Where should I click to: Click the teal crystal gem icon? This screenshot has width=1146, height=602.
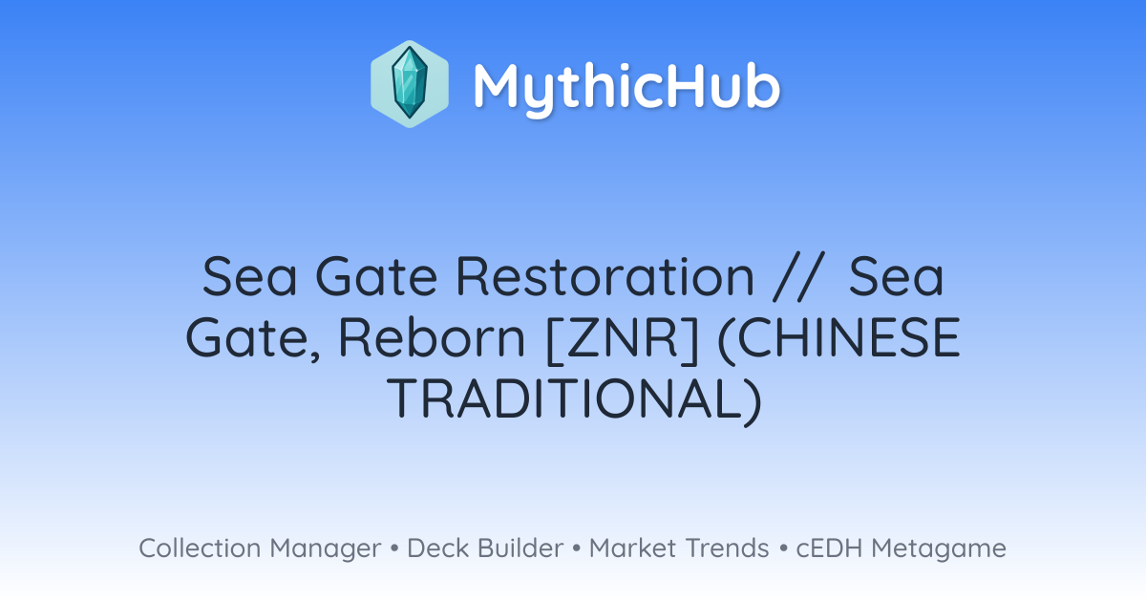click(410, 83)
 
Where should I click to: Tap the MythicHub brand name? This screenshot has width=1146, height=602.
click(626, 88)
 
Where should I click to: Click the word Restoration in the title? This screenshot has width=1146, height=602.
click(605, 276)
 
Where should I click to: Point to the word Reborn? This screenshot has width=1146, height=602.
click(432, 338)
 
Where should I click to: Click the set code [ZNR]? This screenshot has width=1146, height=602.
click(623, 339)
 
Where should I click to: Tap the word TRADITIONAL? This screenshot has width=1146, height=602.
click(574, 400)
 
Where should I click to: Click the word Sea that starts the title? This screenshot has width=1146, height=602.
click(249, 276)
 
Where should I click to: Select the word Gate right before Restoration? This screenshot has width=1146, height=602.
click(376, 276)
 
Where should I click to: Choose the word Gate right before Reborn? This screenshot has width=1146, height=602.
click(253, 339)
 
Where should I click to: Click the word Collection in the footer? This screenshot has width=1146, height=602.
click(200, 548)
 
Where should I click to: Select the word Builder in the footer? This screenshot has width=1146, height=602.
click(520, 548)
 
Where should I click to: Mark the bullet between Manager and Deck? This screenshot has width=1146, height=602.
click(394, 548)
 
